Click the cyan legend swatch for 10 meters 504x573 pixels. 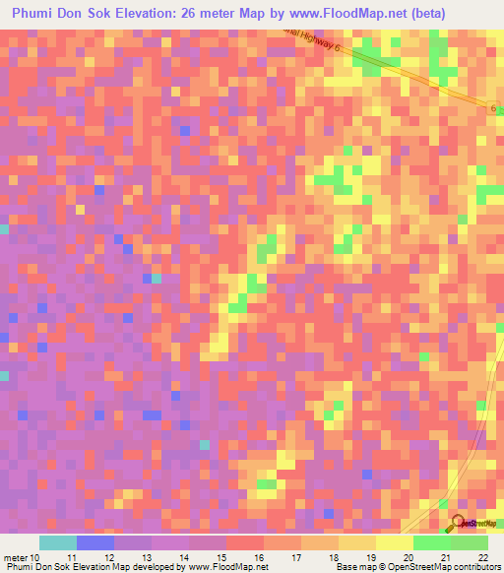pos(57,542)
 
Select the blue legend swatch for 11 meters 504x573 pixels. pos(95,542)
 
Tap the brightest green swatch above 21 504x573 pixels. pos(432,542)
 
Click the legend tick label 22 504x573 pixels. pos(482,556)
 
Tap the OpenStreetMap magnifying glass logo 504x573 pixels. pos(458,523)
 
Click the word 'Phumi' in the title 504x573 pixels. pos(37,14)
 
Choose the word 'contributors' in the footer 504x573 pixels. pos(472,567)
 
